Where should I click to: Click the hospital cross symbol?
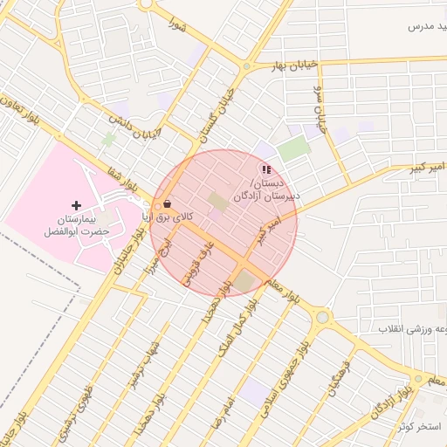coord(77,204)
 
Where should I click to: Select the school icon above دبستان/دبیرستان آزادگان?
coord(265,169)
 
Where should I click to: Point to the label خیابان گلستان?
coord(217,112)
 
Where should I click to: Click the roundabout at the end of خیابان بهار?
coord(248,65)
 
